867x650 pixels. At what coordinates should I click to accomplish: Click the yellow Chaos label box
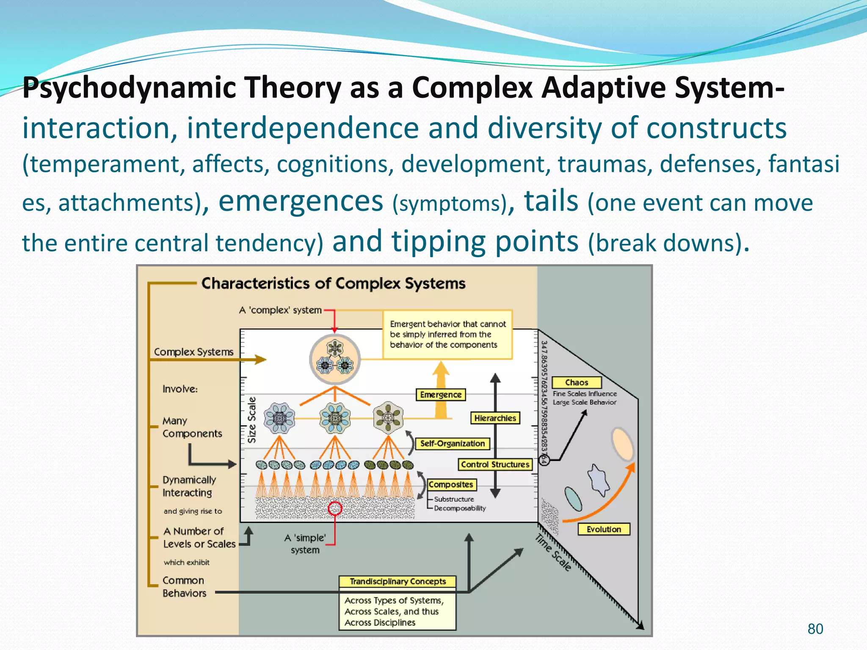576,383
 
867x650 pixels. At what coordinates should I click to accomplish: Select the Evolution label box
604,529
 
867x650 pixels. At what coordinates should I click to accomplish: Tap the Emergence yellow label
441,395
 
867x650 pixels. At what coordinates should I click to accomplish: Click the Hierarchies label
495,418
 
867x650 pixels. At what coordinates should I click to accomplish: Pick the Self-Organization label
452,443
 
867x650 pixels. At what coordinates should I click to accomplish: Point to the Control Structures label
495,465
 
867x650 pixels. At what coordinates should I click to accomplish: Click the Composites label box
451,485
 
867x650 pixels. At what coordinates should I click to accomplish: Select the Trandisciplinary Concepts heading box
398,581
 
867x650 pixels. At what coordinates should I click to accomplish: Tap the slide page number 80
815,629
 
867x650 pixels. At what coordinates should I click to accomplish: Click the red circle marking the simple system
335,508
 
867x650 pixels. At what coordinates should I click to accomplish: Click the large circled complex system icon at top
335,359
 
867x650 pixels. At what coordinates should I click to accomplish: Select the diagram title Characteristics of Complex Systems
333,283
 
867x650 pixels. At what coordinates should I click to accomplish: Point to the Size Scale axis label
252,420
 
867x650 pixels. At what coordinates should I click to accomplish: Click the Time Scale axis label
553,553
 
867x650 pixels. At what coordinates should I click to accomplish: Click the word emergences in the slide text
301,201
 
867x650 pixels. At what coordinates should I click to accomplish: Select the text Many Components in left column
192,427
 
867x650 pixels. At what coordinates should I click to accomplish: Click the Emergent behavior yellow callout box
447,334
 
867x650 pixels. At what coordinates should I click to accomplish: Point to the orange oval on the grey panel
622,444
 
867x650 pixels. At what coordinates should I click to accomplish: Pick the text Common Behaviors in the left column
184,587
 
